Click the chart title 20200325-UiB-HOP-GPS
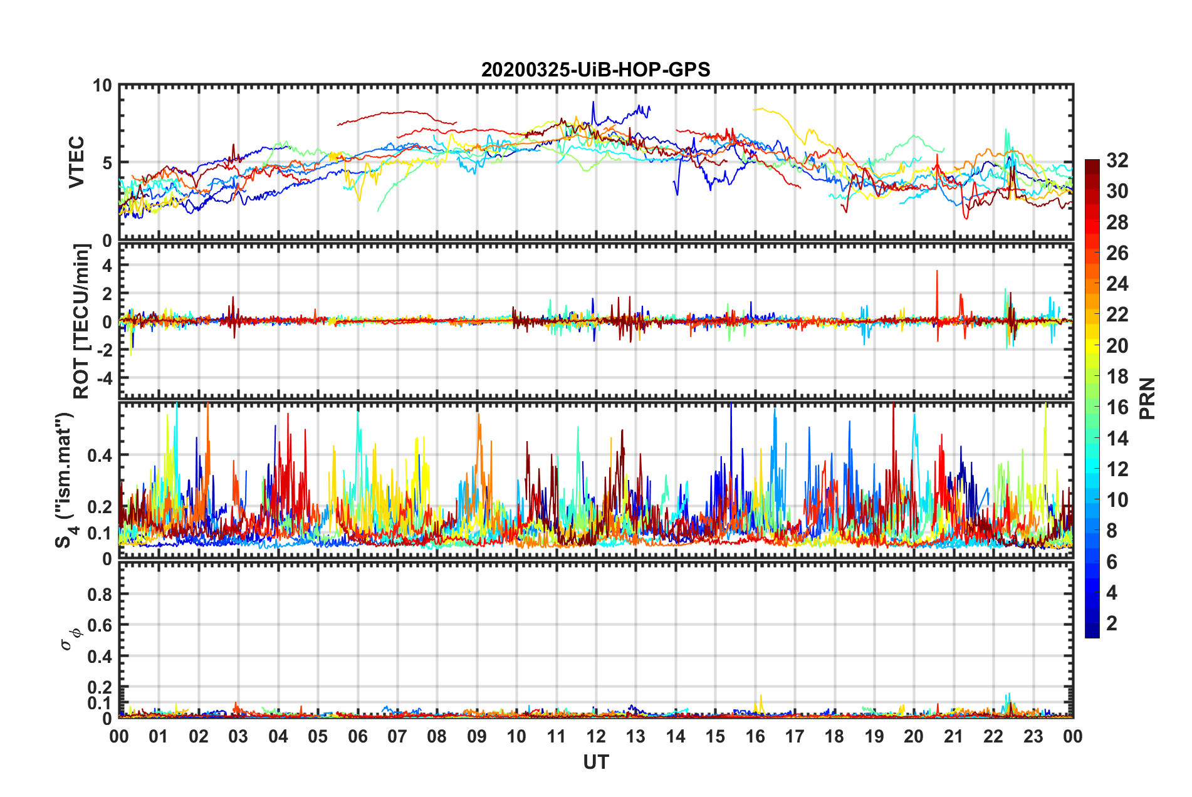(595, 70)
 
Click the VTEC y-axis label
(76, 163)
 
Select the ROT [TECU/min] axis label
(81, 321)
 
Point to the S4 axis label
(65, 480)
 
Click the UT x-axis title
(595, 762)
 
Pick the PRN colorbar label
(1147, 399)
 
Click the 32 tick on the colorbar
(1117, 160)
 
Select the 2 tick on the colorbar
(1112, 623)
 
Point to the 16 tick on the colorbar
(1117, 407)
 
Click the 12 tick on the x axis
(596, 736)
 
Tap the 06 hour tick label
(357, 736)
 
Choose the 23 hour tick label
(1033, 736)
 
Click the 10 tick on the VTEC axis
(102, 86)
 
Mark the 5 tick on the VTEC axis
(107, 163)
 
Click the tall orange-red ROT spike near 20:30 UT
(937, 272)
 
